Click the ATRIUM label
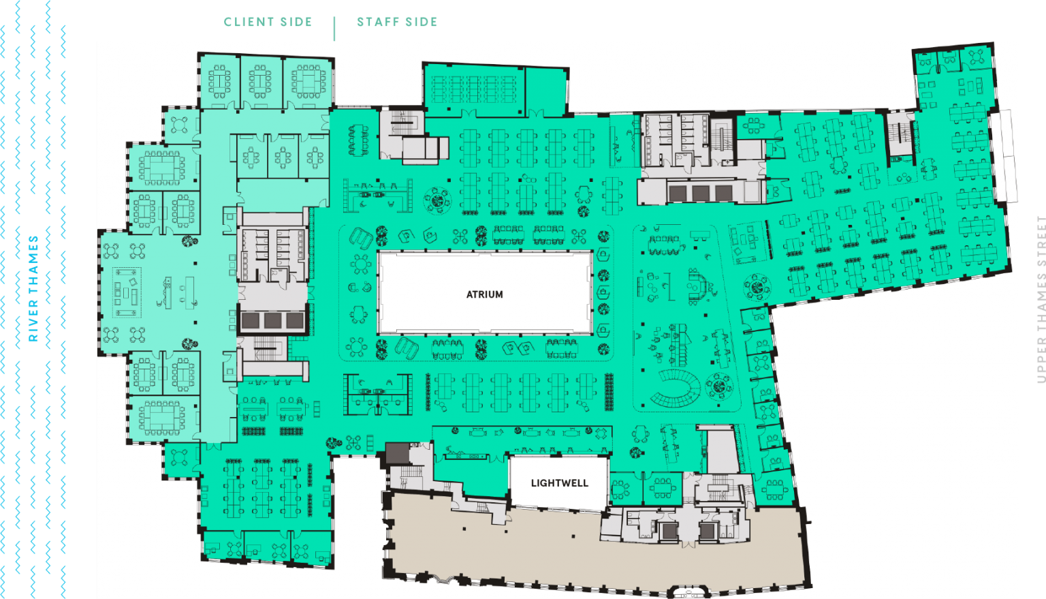484,294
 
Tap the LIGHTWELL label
559,483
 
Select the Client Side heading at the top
268,22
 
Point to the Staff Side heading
397,22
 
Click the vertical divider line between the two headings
334,28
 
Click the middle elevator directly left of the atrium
273,320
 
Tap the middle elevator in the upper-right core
700,193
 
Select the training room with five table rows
474,89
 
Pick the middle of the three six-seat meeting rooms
283,157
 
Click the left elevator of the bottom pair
669,529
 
